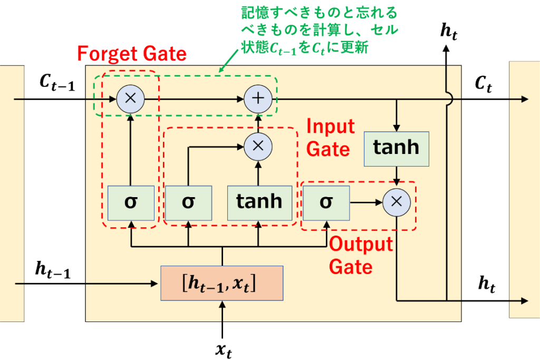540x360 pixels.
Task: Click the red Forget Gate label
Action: tap(132, 54)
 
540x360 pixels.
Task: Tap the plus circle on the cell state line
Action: tap(258, 99)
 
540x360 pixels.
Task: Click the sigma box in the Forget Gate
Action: tap(131, 203)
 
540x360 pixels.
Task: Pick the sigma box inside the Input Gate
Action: tap(188, 203)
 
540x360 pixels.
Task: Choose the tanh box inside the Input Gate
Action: tap(259, 203)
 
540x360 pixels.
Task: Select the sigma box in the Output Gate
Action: tap(326, 203)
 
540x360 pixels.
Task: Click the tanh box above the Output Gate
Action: tap(397, 148)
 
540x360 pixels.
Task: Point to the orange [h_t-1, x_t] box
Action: tap(221, 283)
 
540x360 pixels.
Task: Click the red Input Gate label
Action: tap(330, 138)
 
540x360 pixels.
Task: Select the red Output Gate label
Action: tap(361, 256)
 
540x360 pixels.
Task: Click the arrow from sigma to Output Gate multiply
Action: tap(366, 202)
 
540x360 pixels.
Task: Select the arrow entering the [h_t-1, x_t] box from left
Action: tap(90, 284)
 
